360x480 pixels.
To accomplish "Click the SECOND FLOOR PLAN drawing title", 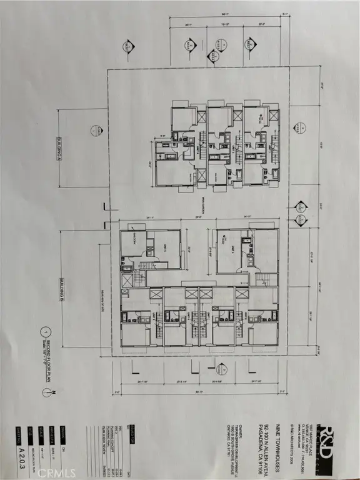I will tap(42, 358).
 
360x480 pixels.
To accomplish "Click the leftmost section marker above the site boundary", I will tap(129, 45).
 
